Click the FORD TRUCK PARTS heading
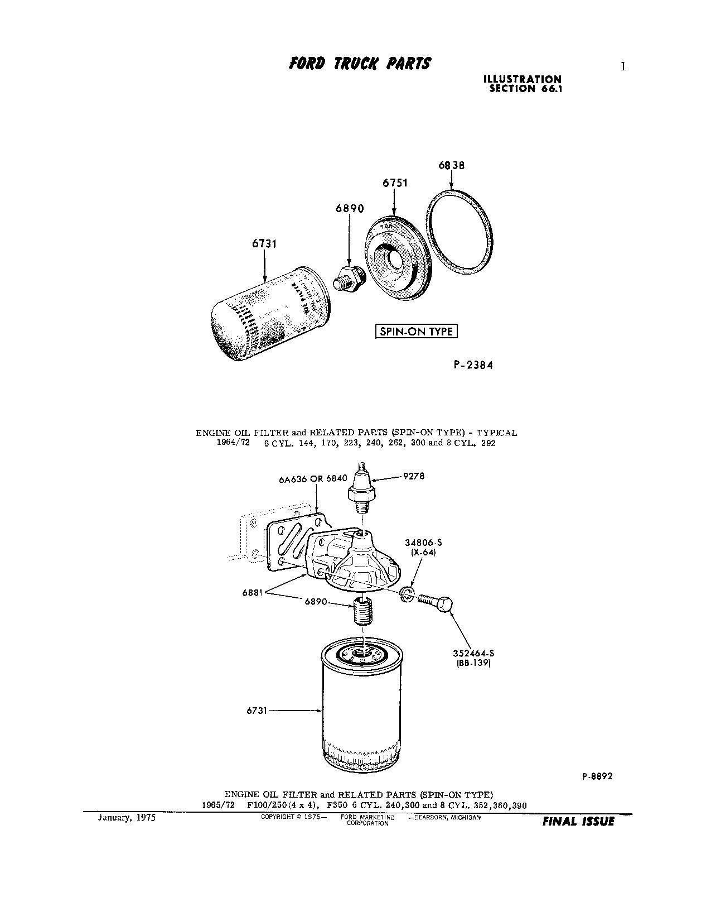[x=360, y=64]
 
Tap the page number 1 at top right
[x=623, y=67]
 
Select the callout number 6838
[x=451, y=165]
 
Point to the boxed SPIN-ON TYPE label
[x=416, y=332]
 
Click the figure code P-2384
[x=473, y=365]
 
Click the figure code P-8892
[x=597, y=776]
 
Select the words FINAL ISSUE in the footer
[x=578, y=822]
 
